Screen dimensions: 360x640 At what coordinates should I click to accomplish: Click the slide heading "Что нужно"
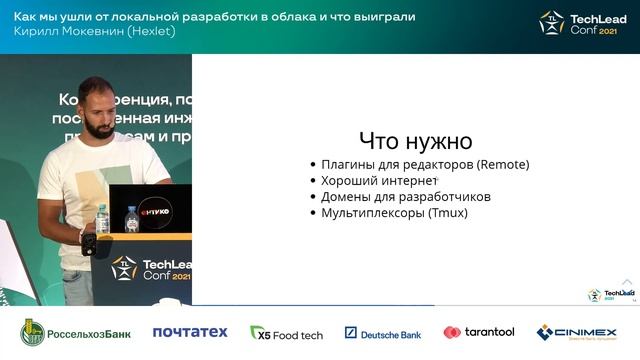tap(415, 141)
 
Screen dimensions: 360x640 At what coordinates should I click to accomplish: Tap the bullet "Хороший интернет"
tap(379, 180)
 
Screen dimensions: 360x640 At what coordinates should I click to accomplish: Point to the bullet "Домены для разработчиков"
tap(405, 196)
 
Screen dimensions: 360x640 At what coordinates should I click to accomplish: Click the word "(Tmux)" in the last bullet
tap(447, 213)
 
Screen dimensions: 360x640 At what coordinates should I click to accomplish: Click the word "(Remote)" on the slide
tap(502, 164)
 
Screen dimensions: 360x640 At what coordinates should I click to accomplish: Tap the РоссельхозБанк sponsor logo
tap(76, 332)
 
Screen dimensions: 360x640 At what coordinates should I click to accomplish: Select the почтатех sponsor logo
tap(190, 332)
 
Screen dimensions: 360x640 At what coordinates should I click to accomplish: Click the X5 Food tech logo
tap(286, 332)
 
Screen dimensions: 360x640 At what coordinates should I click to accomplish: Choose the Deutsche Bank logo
tap(383, 332)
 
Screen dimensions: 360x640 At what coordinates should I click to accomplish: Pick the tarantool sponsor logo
tap(479, 332)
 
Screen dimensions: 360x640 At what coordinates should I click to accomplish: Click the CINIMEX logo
tap(576, 332)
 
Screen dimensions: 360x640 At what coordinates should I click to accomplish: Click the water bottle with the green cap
tap(101, 219)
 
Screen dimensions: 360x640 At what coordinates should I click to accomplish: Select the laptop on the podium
tap(149, 209)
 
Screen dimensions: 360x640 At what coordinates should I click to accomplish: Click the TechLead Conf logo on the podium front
tap(151, 269)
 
